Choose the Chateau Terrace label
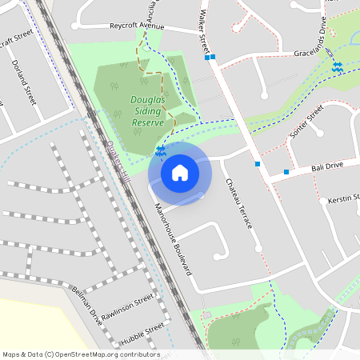click(238, 203)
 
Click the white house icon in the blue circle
click(180, 172)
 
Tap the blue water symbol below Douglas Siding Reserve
click(161, 150)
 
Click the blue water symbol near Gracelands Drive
click(338, 68)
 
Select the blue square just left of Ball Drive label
click(286, 172)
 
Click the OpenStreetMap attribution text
click(81, 354)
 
